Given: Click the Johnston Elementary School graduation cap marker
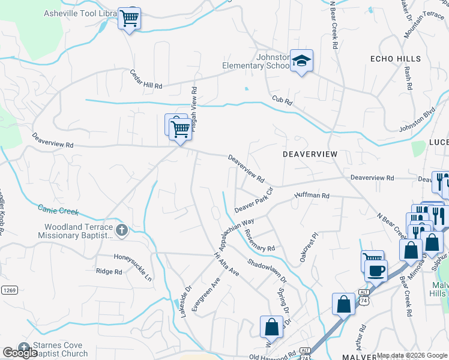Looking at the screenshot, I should [301, 61].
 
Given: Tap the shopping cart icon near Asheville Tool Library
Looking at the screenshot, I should [129, 19].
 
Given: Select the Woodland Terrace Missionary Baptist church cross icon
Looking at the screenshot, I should [122, 229].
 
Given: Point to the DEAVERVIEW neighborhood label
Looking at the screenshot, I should [310, 154].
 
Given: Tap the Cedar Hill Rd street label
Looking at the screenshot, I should [146, 79].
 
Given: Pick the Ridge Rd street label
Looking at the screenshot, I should [109, 271].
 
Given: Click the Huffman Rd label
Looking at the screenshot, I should [312, 196].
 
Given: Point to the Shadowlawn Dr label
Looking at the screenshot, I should [267, 271].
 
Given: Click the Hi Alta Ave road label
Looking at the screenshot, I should [227, 264].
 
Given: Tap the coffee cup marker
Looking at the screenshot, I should [376, 269].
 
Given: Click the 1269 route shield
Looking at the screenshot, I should [8, 289].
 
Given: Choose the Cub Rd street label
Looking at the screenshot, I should [282, 101].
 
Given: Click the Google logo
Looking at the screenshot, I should [20, 353].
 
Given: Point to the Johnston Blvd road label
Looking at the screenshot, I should [417, 121].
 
